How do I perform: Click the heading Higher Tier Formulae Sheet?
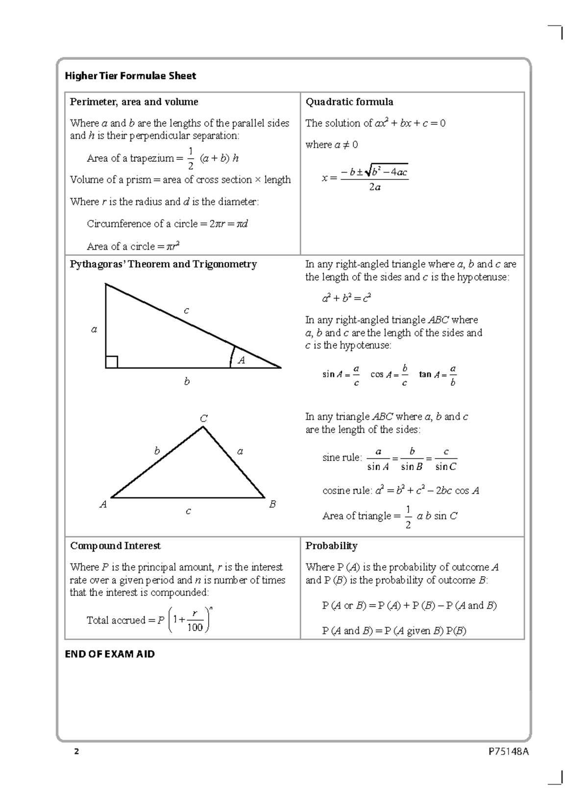point(130,76)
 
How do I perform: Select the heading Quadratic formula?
point(349,102)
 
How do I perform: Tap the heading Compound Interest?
point(115,546)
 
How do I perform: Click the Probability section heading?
point(331,546)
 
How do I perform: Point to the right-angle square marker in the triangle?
point(111,362)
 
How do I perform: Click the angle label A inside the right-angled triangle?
point(241,361)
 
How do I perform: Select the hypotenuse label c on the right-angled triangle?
point(186,311)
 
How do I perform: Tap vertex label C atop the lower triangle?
point(203,418)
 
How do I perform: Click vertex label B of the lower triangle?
point(272,504)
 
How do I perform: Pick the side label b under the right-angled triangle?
point(187,381)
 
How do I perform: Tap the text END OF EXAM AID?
point(110,654)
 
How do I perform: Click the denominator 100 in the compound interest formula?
point(195,628)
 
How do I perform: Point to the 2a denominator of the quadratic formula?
point(374,187)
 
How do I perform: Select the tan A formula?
point(438,375)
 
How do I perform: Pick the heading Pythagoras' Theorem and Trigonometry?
point(163,265)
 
